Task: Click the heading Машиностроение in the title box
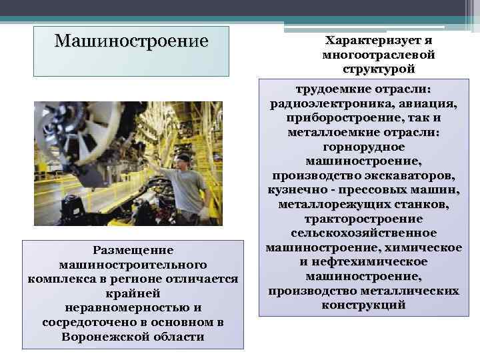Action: [x=131, y=41]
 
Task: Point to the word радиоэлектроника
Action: [x=327, y=103]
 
